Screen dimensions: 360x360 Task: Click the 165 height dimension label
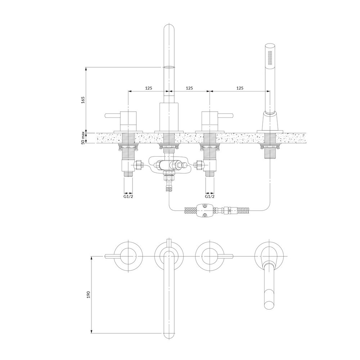(83, 100)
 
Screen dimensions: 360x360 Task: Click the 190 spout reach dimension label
(89, 294)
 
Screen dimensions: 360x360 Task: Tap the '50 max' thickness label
(83, 138)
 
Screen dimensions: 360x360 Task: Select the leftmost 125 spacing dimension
(149, 88)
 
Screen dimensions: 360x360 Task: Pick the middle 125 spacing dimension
(189, 88)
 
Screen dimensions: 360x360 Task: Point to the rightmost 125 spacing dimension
(240, 88)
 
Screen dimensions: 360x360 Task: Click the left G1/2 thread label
(129, 197)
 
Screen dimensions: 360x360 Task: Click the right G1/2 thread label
(210, 197)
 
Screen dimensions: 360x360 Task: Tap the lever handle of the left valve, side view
(113, 116)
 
